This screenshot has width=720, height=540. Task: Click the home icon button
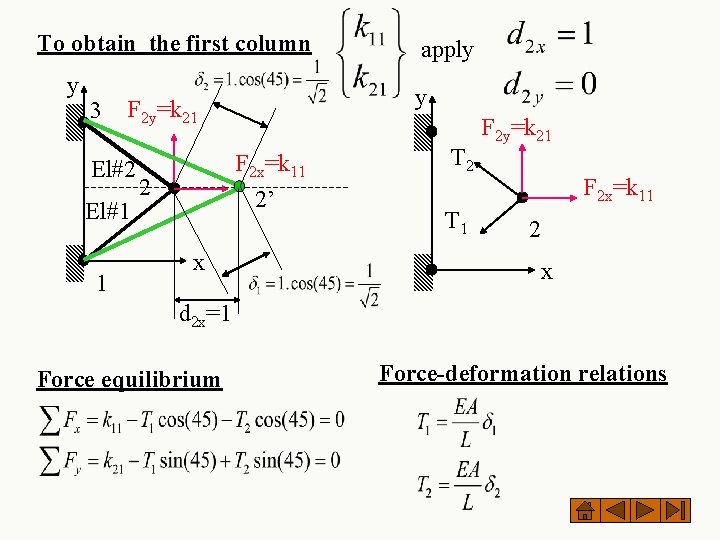(587, 511)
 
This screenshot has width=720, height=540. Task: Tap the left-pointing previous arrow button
(617, 511)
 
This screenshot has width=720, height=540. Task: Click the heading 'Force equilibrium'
(128, 379)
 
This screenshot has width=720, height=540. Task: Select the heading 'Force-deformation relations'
(522, 374)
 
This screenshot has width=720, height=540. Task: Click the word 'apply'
(446, 50)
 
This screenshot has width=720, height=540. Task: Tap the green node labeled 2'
(240, 186)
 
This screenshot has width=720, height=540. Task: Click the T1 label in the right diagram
(457, 222)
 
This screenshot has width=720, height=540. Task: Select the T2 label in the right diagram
(463, 158)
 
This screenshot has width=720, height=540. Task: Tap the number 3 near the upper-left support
(96, 109)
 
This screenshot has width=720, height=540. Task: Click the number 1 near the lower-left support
(102, 284)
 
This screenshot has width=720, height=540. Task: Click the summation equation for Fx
(190, 419)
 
